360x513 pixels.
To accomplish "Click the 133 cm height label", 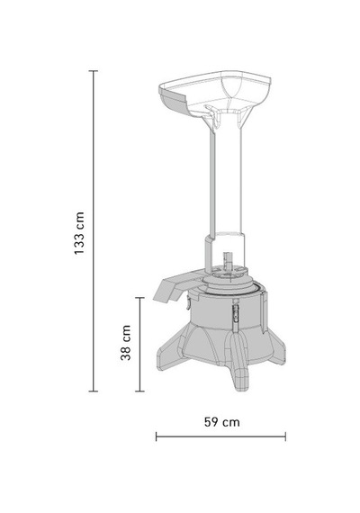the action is (79, 233).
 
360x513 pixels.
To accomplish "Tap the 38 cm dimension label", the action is (126, 343).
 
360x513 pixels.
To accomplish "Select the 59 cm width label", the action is (222, 422).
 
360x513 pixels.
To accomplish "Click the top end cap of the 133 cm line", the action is (94, 71).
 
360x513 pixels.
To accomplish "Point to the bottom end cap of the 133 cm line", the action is (94, 391).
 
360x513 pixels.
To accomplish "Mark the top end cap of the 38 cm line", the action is (140, 298).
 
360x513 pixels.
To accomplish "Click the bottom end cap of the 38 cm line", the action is (140, 391).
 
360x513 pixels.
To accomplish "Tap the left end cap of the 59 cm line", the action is (156, 436).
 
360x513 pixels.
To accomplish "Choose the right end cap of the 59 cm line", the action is (285, 436).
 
